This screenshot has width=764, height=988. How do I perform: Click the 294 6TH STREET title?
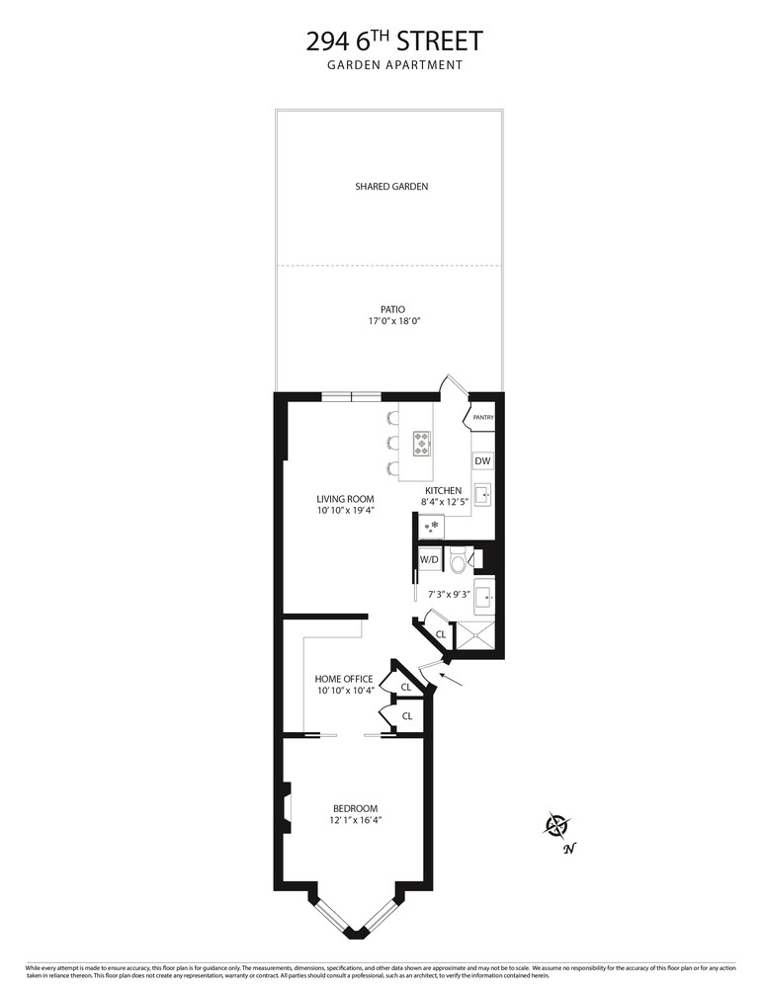pyautogui.click(x=393, y=41)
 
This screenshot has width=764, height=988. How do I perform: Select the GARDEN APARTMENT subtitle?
pyautogui.click(x=393, y=66)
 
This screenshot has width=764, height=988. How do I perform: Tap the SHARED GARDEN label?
pyautogui.click(x=391, y=186)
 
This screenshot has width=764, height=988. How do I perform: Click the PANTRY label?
pyautogui.click(x=482, y=418)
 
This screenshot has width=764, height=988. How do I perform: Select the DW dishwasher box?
pyautogui.click(x=482, y=461)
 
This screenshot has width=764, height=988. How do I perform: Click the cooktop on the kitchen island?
pyautogui.click(x=421, y=443)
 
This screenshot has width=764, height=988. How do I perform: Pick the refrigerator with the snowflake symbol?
pyautogui.click(x=432, y=528)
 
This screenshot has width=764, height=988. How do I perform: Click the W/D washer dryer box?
pyautogui.click(x=429, y=559)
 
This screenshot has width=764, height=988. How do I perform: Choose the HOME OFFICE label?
pyautogui.click(x=344, y=679)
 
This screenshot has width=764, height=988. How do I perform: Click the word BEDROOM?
pyautogui.click(x=355, y=808)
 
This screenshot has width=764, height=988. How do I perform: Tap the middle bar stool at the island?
pyautogui.click(x=392, y=442)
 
